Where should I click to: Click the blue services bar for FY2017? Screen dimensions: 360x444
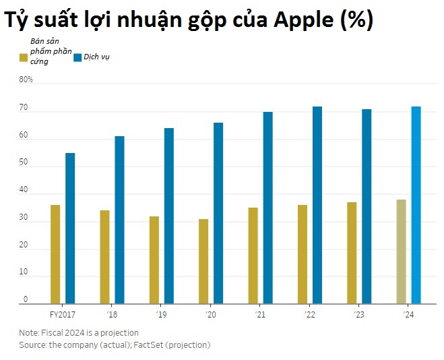(70, 229)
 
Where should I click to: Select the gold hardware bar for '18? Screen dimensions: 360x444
(104, 257)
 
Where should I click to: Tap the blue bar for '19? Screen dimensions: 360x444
(168, 216)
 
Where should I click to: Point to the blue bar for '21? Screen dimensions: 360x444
(267, 208)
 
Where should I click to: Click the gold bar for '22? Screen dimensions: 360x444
(303, 254)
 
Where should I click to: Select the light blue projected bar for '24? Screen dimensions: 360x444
(416, 205)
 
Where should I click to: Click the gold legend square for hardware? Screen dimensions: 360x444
(23, 57)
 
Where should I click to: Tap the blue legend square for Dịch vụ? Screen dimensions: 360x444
(77, 57)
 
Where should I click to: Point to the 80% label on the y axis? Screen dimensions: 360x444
(26, 80)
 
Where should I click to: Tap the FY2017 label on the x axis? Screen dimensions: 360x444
(61, 314)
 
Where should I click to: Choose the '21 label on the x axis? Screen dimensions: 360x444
(261, 314)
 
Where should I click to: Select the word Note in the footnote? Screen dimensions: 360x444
(28, 332)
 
